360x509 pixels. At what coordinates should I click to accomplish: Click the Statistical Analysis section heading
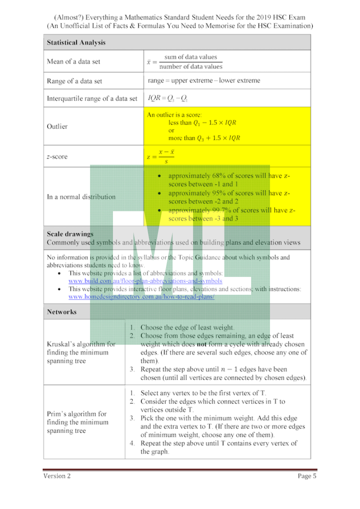click(76, 43)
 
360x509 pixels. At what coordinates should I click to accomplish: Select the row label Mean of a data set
click(73, 62)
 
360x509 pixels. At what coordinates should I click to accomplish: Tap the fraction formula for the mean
click(185, 62)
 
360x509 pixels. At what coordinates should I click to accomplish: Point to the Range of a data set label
click(74, 81)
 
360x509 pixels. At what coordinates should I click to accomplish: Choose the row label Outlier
click(57, 126)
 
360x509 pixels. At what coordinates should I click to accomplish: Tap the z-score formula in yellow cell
click(161, 157)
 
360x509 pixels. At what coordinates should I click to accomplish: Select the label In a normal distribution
click(81, 197)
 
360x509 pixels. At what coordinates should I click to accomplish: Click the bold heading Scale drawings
click(70, 234)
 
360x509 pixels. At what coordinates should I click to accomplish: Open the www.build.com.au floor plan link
click(145, 280)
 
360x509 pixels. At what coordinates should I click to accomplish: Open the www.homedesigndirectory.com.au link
click(141, 297)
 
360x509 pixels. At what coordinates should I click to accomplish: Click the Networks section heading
click(62, 312)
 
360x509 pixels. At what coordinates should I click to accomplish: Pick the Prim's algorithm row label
click(77, 422)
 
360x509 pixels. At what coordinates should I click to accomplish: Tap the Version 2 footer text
click(57, 476)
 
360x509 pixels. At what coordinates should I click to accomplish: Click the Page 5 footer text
click(307, 476)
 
